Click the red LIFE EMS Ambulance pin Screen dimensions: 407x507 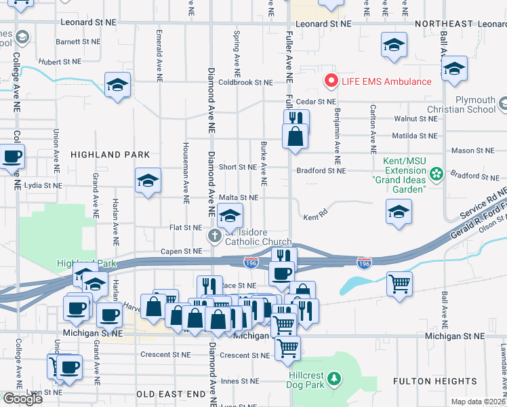(x=331, y=81)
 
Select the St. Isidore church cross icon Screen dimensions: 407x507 (x=214, y=237)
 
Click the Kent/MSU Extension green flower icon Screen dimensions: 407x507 (x=437, y=174)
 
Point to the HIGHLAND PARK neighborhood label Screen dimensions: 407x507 (x=101, y=155)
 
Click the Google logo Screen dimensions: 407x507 (x=22, y=398)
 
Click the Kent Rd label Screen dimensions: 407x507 (x=311, y=218)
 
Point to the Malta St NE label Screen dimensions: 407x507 (x=239, y=197)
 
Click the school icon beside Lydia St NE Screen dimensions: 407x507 (x=148, y=181)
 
